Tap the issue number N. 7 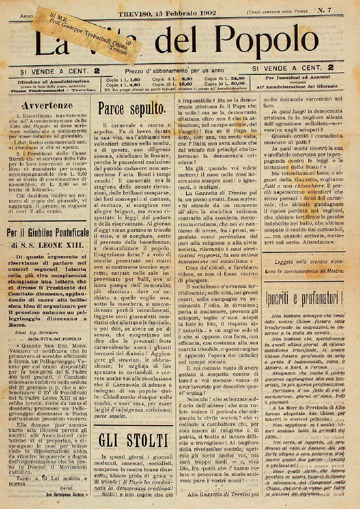[325, 10]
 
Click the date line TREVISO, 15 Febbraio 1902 [167, 13]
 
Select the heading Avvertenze [47, 106]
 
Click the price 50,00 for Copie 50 [237, 83]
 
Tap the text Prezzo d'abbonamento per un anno [175, 70]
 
